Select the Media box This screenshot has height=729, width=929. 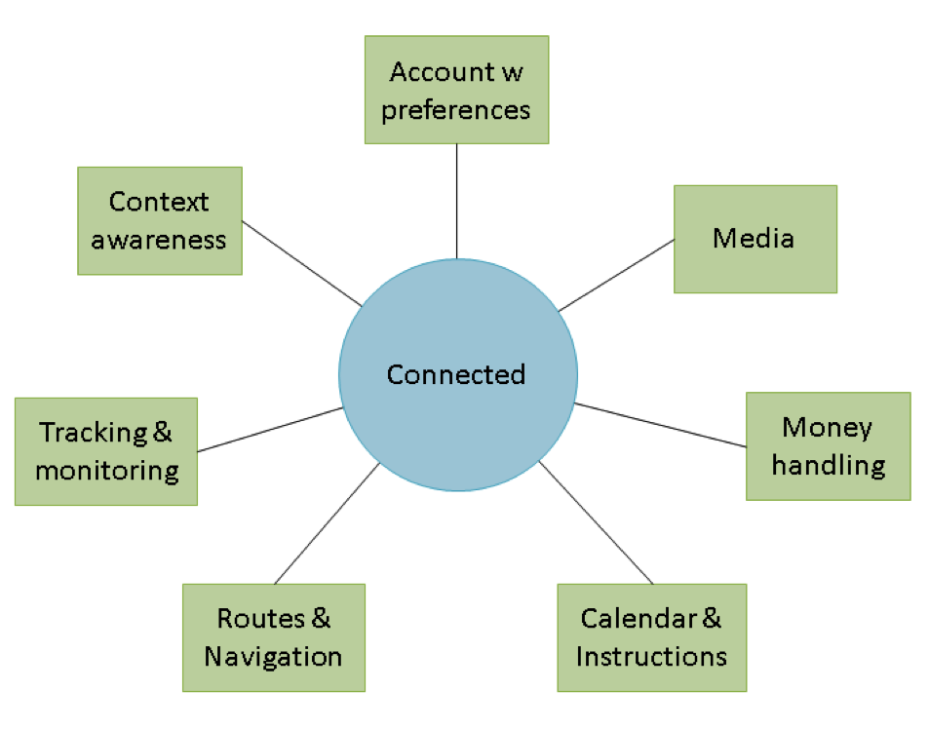click(755, 239)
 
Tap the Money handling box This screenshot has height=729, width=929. click(828, 445)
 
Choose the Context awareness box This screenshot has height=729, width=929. click(159, 220)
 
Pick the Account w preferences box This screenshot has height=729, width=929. click(456, 90)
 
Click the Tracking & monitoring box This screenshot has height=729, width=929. click(105, 450)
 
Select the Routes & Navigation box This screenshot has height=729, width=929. click(273, 636)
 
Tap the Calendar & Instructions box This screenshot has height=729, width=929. click(651, 636)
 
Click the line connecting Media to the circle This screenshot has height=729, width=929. click(616, 275)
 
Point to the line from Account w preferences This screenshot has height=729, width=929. click(456, 200)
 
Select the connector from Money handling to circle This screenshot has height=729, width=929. click(661, 424)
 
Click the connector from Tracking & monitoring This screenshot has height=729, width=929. click(270, 429)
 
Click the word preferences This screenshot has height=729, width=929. click(456, 109)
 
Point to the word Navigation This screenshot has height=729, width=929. click(273, 656)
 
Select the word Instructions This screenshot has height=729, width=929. click(651, 656)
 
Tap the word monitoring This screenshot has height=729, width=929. click(107, 471)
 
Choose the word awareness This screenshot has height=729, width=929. click(159, 240)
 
